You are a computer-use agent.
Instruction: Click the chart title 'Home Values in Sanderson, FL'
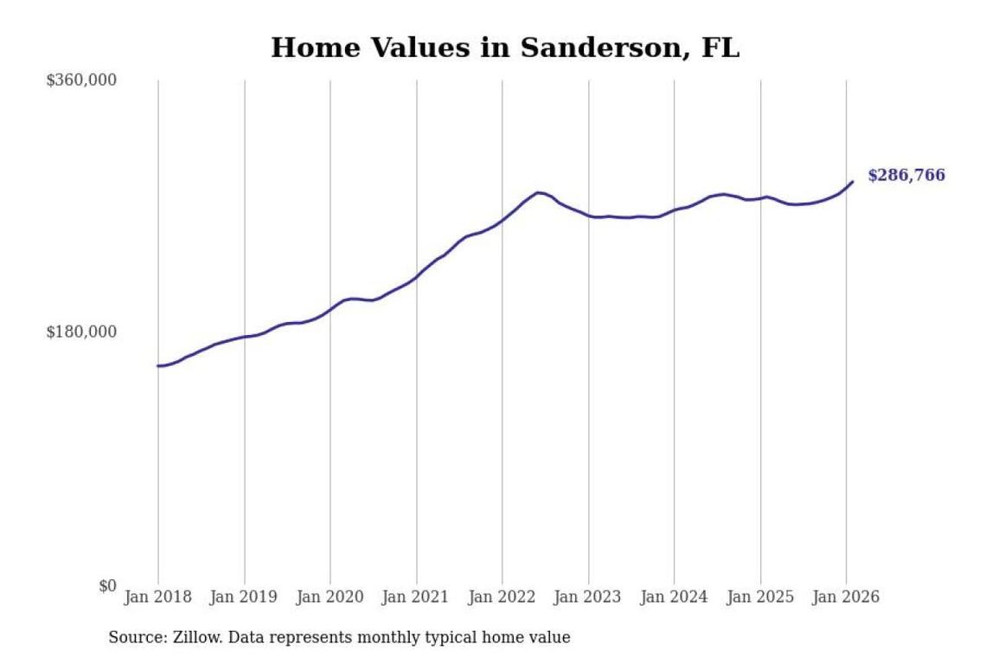[505, 48]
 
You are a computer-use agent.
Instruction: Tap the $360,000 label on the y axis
[81, 81]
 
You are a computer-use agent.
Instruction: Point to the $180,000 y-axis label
[81, 332]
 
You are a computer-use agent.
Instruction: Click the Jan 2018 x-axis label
[158, 597]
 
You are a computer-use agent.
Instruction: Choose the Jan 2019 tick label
[245, 597]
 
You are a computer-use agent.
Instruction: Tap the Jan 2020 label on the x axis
[330, 597]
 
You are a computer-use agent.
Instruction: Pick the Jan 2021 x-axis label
[417, 597]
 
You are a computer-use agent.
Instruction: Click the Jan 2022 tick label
[503, 597]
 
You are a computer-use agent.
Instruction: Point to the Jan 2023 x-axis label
[589, 597]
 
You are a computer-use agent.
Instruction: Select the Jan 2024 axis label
[675, 597]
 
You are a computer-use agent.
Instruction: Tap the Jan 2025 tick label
[761, 597]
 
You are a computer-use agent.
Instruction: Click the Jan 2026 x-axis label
[847, 597]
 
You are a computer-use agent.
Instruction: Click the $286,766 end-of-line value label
[906, 176]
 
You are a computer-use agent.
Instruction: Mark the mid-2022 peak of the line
[538, 192]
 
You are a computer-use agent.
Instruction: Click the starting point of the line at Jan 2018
[158, 366]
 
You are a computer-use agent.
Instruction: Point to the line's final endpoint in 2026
[853, 181]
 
